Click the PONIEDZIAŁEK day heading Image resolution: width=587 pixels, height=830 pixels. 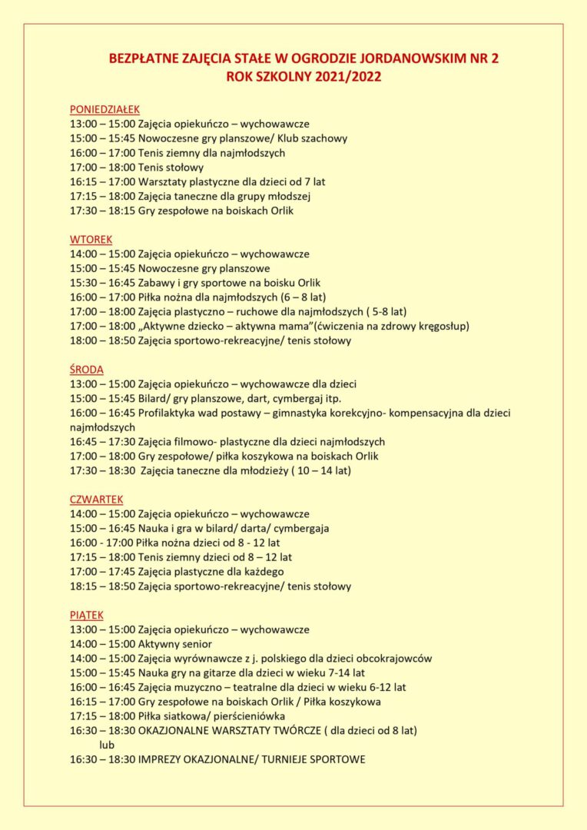104,109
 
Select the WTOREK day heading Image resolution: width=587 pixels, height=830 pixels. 91,239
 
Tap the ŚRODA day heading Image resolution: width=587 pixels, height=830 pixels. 86,369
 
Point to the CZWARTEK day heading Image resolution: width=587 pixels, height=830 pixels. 96,499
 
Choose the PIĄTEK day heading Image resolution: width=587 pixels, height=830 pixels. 86,615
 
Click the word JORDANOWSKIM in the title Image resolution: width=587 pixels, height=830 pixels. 402,58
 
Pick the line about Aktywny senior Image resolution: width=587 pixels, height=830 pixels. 175,644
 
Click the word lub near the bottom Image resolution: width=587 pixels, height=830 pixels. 107,745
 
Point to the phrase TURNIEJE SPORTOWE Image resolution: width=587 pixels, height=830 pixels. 313,759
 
